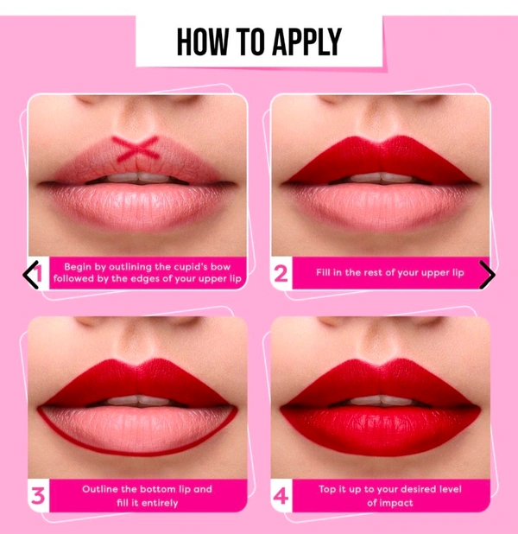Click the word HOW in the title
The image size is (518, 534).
pyautogui.click(x=202, y=41)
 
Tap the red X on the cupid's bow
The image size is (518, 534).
pyautogui.click(x=136, y=148)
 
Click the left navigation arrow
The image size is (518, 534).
pyautogui.click(x=30, y=275)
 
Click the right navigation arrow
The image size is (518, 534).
pyautogui.click(x=488, y=275)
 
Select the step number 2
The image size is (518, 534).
pyautogui.click(x=281, y=274)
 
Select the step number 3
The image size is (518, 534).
pyautogui.click(x=38, y=496)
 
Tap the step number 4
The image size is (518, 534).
pyautogui.click(x=281, y=496)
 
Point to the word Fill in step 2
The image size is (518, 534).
pyautogui.click(x=324, y=272)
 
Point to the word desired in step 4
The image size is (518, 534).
pyautogui.click(x=426, y=489)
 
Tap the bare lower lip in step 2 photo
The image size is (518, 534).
pyautogui.click(x=381, y=204)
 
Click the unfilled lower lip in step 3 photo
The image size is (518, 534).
pyautogui.click(x=136, y=428)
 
